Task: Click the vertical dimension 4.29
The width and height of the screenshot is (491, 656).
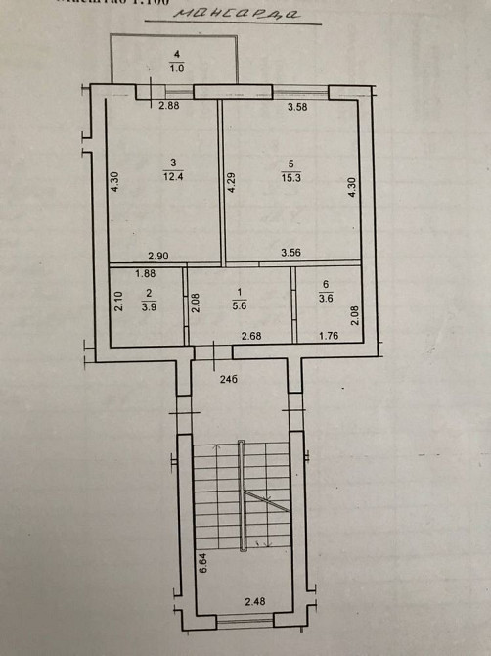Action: click(x=231, y=183)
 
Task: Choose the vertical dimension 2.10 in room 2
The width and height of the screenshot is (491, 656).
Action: click(x=117, y=303)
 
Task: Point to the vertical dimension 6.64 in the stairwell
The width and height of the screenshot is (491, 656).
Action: click(x=201, y=564)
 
